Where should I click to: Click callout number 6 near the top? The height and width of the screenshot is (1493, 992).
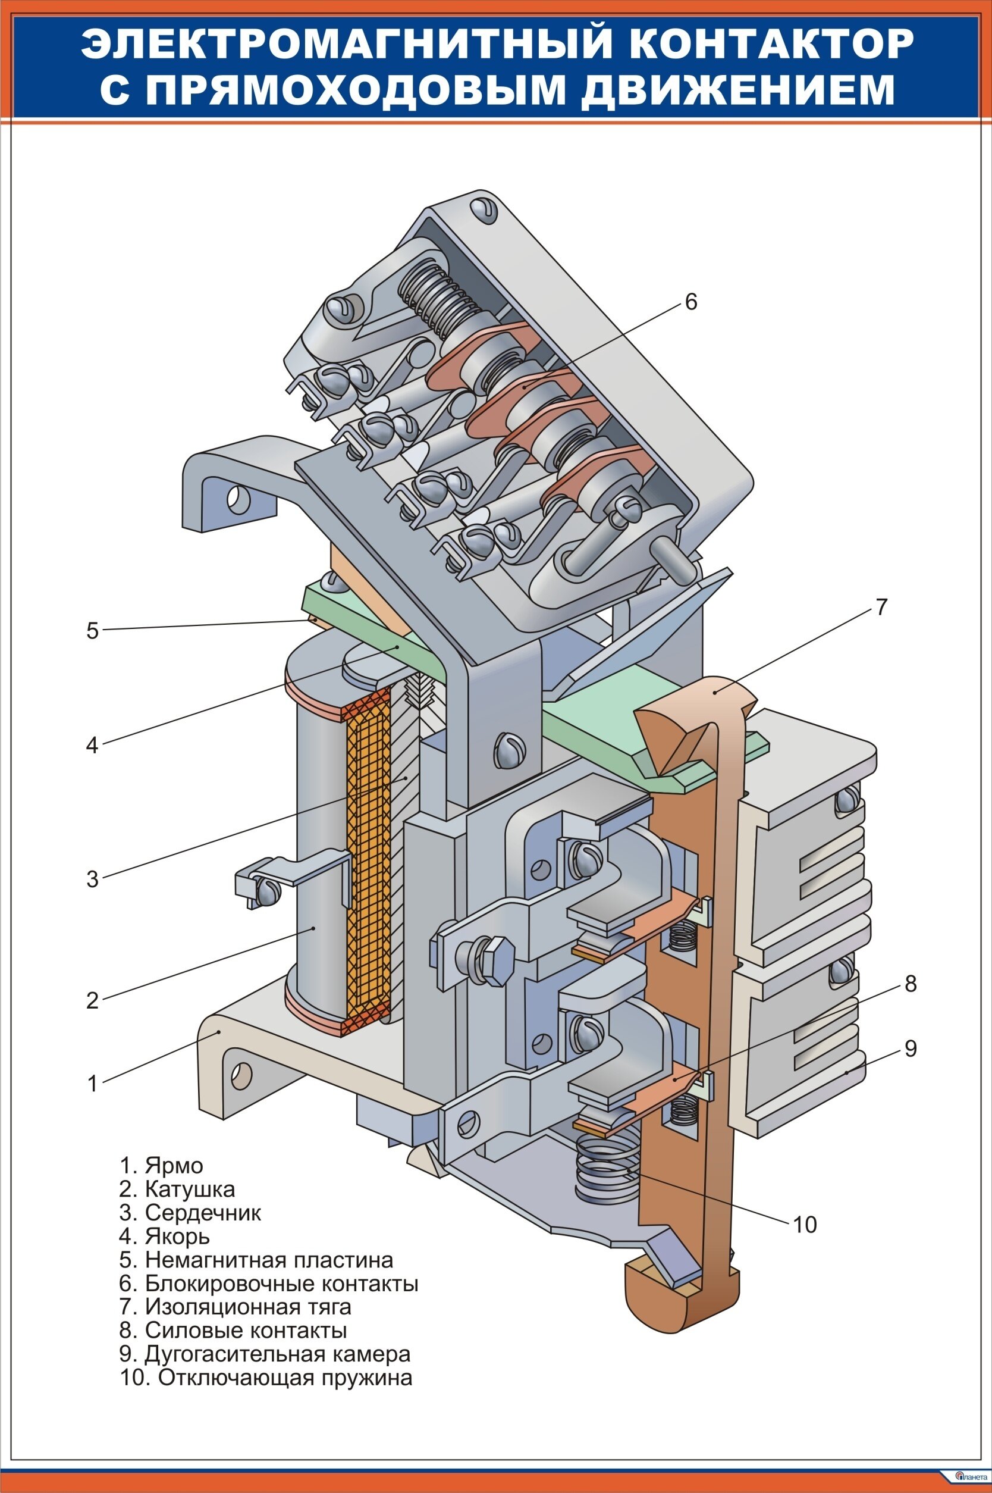click(x=690, y=302)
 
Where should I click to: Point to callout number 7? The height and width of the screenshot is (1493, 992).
click(x=882, y=607)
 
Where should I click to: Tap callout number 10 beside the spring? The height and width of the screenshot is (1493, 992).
click(x=805, y=1224)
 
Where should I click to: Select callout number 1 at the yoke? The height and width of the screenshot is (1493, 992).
click(x=93, y=1084)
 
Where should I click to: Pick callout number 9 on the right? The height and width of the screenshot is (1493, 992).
click(x=910, y=1048)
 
